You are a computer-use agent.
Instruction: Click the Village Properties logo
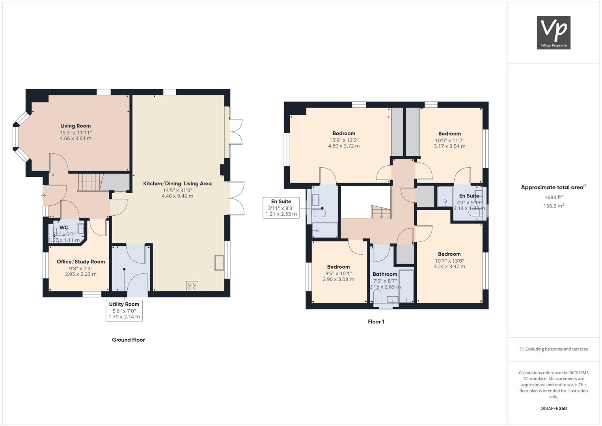pos(553,32)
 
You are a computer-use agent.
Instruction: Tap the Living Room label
pos(75,126)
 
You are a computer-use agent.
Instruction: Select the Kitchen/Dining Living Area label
pos(177,183)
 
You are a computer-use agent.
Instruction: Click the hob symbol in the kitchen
pos(193,286)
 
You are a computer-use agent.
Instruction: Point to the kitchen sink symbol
pos(219,263)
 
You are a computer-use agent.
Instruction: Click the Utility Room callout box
pos(124,310)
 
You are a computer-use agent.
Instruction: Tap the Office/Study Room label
pos(81,262)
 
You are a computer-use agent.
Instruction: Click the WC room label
pos(64,228)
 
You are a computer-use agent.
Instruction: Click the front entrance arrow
pos(43,195)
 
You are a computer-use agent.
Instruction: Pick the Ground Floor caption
pos(128,340)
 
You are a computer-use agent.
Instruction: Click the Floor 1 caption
pos(376,321)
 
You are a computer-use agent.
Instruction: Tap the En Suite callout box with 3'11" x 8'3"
pos(281,207)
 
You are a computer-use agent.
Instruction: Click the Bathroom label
pos(385,274)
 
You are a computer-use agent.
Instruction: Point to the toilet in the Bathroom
pos(378,297)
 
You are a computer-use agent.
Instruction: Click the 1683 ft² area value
pos(553,197)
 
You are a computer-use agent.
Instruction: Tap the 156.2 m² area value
pos(553,206)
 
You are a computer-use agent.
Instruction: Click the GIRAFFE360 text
pos(553,408)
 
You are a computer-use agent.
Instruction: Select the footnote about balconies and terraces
pos(553,349)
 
